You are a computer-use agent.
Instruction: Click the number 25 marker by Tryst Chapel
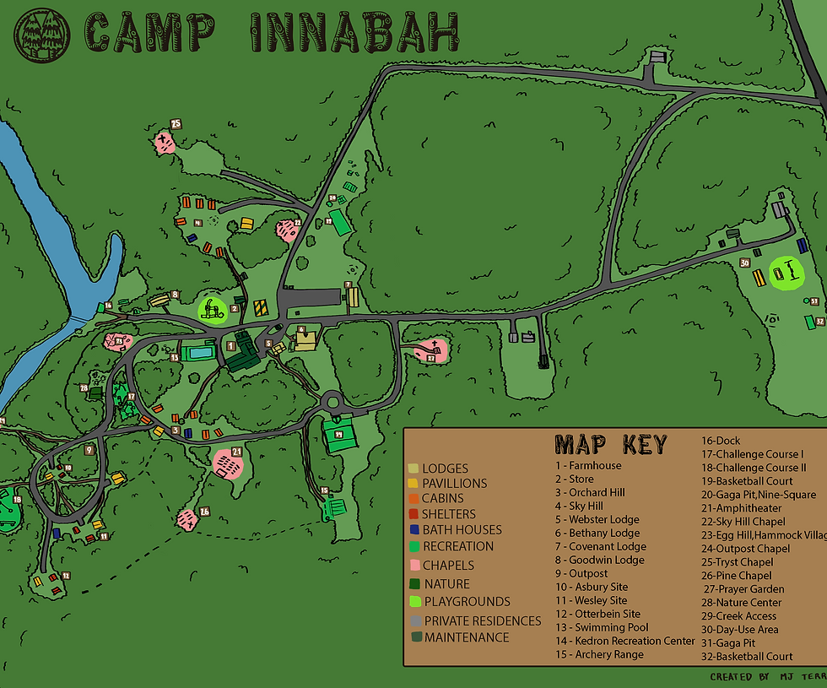click(x=176, y=123)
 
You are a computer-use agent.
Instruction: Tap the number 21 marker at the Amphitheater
click(x=236, y=452)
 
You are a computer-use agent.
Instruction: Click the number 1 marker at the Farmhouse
click(x=231, y=345)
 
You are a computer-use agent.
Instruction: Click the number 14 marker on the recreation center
click(x=338, y=434)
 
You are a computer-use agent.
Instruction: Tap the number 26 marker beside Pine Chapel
click(x=204, y=511)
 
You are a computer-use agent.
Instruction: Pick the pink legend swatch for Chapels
click(x=413, y=566)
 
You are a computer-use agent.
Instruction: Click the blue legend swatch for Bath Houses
click(x=413, y=530)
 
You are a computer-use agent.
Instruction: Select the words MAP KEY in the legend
click(x=610, y=445)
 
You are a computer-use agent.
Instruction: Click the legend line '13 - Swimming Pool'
click(x=602, y=627)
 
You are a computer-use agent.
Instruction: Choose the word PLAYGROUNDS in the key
click(x=467, y=602)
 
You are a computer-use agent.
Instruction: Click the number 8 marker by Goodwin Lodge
click(x=175, y=295)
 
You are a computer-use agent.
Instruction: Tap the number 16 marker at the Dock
click(x=109, y=305)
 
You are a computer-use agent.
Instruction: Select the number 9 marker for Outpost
click(x=89, y=450)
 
